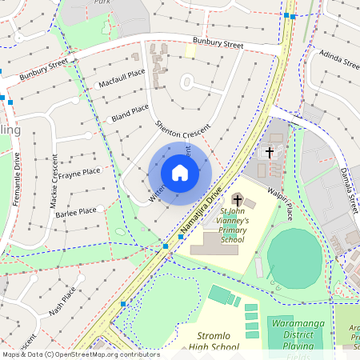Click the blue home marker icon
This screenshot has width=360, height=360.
click(x=180, y=172)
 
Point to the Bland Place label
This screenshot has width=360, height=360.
click(x=130, y=113)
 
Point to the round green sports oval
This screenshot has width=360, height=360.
click(x=294, y=258)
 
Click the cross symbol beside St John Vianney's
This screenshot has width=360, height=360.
click(x=238, y=198)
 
